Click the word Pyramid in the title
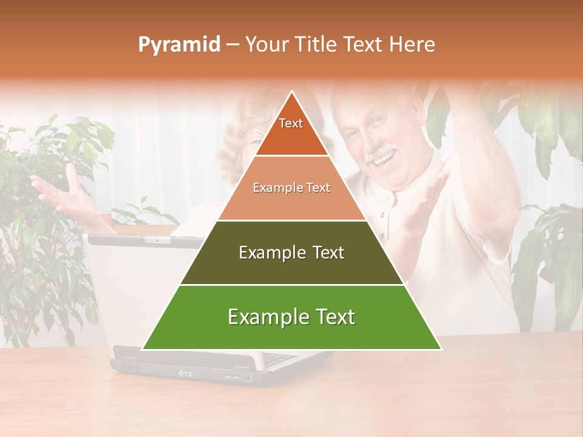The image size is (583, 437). [x=179, y=45]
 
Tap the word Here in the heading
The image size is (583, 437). [x=412, y=45]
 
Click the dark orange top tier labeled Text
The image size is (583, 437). [x=291, y=130]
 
